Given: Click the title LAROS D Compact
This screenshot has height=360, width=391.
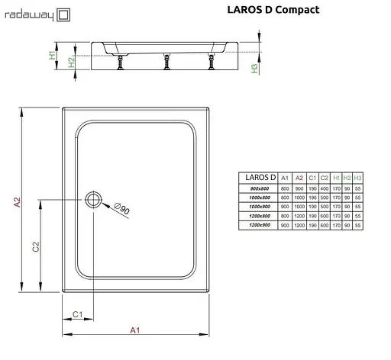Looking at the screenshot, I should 273,11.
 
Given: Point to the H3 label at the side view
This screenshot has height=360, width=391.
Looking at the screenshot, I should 255,68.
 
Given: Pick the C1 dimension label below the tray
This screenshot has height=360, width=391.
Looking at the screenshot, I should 76,314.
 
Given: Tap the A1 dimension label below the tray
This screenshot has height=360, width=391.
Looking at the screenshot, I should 135,330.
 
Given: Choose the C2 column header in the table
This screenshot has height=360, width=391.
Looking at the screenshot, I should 325,177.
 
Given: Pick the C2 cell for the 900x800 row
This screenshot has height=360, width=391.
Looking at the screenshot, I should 325,188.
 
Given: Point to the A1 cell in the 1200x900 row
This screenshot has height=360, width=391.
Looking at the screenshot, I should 285,225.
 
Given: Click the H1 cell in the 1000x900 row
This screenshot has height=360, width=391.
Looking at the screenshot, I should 337,206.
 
